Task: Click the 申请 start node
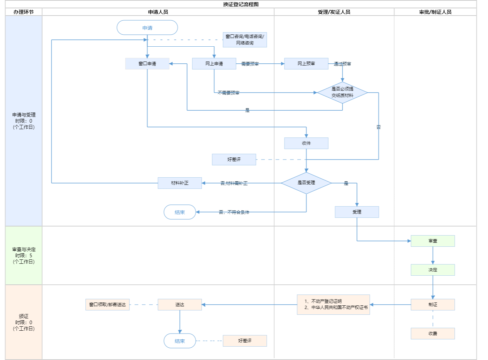coord(147,28)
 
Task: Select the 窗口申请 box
coord(147,64)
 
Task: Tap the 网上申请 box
coord(214,64)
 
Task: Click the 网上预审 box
coord(306,64)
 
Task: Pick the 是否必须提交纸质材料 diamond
coord(342,93)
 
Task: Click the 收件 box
coord(306,143)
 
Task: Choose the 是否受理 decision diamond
coord(306,183)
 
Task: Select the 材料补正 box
coord(180,183)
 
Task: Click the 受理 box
coord(357,212)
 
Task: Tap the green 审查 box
coord(433,241)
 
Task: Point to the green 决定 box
coord(433,270)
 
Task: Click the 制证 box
coord(433,305)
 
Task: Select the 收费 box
coord(433,334)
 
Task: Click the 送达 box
coord(180,305)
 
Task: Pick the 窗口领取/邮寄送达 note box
coord(107,305)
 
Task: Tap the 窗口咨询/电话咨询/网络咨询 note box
coord(245,40)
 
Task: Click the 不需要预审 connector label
coord(228,93)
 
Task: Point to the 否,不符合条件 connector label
coord(234,212)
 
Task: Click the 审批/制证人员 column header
coord(435,12)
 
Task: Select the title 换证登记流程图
coord(241,4)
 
